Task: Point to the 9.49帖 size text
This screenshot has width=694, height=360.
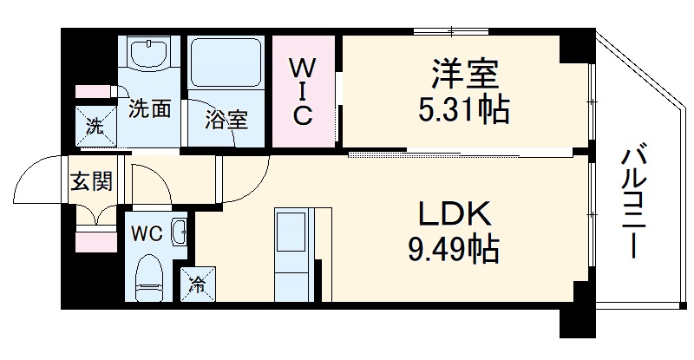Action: pos(453,251)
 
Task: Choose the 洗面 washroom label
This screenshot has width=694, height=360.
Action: pos(148,109)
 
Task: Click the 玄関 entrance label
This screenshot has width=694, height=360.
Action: pos(90,182)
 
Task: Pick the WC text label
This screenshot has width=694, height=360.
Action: pos(145,232)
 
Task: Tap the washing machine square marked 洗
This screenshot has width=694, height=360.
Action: pos(94,125)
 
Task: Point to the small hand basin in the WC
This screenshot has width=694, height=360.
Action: pos(179,232)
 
